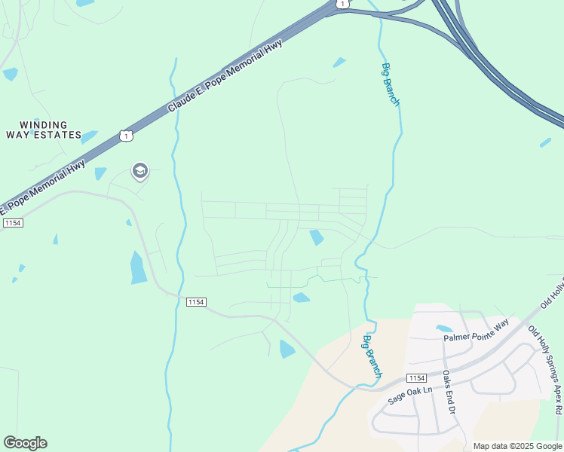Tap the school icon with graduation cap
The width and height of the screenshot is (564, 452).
(139, 172)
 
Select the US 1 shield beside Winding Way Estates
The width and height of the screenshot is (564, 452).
(125, 135)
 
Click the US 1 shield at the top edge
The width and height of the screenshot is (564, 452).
(343, 4)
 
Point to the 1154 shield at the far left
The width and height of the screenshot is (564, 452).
(13, 223)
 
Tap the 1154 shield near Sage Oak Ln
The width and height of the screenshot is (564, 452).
(416, 377)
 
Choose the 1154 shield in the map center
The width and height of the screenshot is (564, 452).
(196, 301)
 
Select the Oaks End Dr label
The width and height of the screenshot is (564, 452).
(448, 392)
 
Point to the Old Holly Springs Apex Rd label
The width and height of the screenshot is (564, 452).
(545, 369)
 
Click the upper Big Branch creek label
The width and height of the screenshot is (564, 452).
(391, 84)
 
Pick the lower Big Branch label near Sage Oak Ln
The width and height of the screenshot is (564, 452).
(373, 356)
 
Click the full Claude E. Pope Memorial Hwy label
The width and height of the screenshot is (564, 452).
(225, 78)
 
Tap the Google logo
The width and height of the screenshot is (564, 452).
(25, 443)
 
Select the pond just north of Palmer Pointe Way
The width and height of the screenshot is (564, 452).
(444, 328)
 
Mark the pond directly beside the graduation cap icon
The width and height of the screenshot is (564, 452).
(100, 173)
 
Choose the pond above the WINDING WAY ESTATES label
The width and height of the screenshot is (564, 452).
(11, 74)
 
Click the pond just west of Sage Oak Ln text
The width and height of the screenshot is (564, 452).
(287, 349)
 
